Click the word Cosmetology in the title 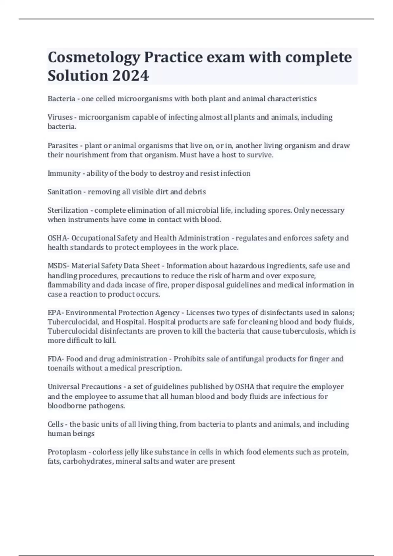(x=94, y=58)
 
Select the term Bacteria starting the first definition (x=61, y=99)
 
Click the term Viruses (x=60, y=117)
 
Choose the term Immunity (x=64, y=173)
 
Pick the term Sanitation (x=65, y=192)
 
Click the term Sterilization (x=68, y=210)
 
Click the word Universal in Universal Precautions (x=63, y=387)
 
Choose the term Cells (x=56, y=424)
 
